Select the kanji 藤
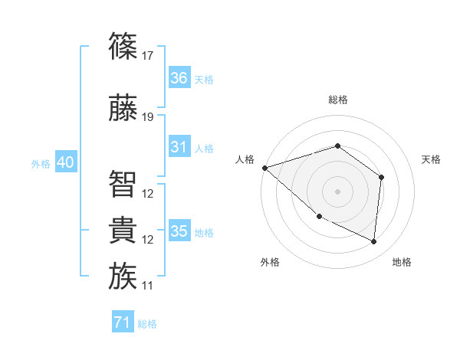[x=123, y=109]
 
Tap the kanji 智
[x=123, y=184]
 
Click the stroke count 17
[x=148, y=56]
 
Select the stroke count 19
[x=148, y=117]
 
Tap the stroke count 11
[x=148, y=286]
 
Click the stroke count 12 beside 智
[x=148, y=193]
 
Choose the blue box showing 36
[x=179, y=78]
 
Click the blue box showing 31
[x=179, y=147]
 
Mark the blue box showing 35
[x=179, y=231]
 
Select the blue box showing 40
[x=66, y=162]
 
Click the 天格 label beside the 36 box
[x=204, y=79]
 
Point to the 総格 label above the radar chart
[x=337, y=100]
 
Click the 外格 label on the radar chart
[x=270, y=262]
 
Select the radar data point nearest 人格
[x=264, y=168]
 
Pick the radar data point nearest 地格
[x=374, y=242]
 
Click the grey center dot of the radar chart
[x=337, y=191]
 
